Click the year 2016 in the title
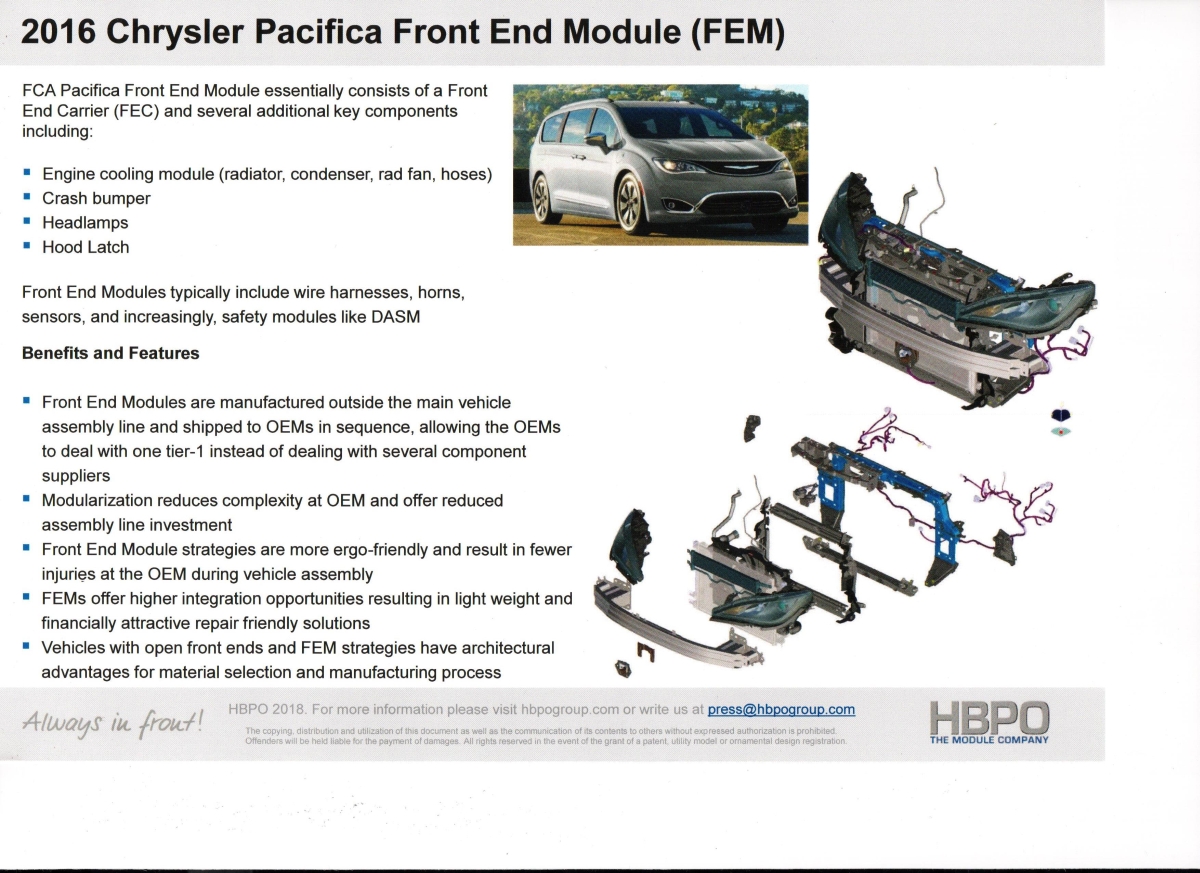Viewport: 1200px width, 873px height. coord(58,31)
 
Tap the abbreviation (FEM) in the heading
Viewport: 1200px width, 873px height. coord(738,32)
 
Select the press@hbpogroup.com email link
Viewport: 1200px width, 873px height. coord(781,709)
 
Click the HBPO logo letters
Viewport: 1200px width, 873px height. coord(989,718)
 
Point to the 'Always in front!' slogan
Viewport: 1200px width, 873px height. coord(113,723)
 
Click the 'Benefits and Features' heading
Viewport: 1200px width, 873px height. coord(110,353)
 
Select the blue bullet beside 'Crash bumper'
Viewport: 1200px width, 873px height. coord(27,197)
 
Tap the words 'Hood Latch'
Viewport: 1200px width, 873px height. coord(86,247)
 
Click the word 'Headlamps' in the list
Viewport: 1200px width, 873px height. coord(85,222)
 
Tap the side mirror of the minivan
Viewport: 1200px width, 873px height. coord(597,140)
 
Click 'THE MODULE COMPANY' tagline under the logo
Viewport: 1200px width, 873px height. coord(989,740)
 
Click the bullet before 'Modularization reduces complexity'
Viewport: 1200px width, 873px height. coord(27,499)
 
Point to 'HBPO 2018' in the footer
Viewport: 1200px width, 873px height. coord(267,709)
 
